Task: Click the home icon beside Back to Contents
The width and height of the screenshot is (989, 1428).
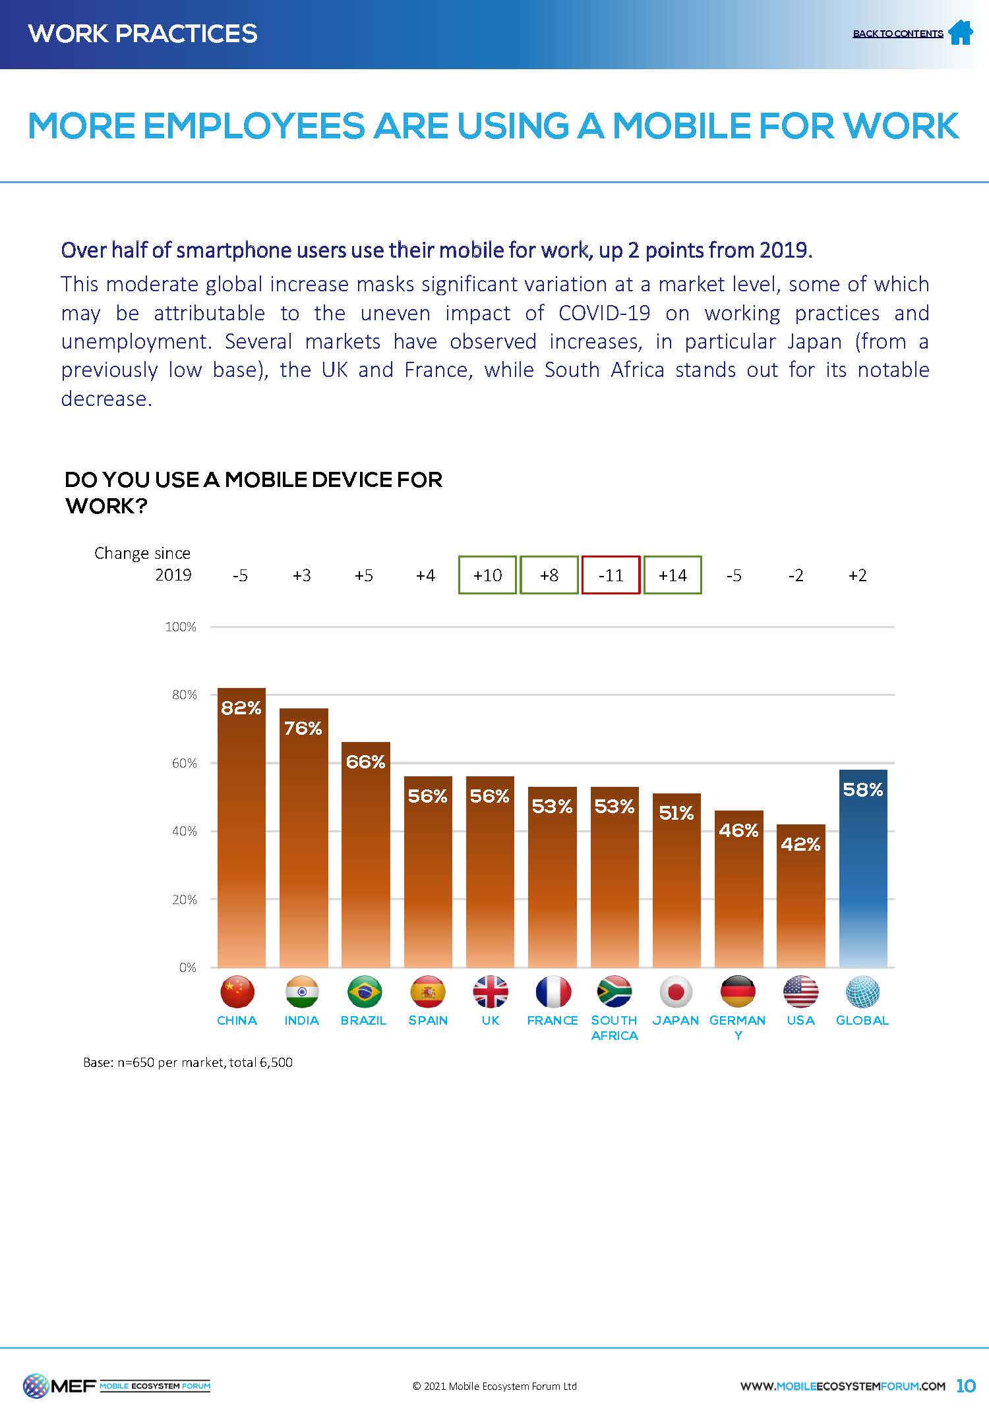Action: [x=960, y=32]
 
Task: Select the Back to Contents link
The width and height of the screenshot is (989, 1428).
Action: [x=897, y=34]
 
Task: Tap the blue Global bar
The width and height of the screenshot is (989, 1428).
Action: [x=862, y=870]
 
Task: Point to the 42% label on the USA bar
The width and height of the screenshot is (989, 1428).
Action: [x=800, y=844]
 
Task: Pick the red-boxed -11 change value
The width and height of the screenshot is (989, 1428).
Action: [x=611, y=575]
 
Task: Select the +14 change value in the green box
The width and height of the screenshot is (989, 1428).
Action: [x=673, y=575]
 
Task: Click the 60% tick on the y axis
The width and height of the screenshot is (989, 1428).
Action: [x=185, y=763]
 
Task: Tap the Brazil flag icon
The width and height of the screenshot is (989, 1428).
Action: [x=365, y=992]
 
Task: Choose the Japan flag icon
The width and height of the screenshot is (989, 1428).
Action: [x=676, y=992]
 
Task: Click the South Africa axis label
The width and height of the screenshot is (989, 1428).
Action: [x=614, y=1027]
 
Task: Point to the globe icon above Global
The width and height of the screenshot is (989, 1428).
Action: [x=862, y=992]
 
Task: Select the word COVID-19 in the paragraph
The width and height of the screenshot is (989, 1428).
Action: [x=604, y=313]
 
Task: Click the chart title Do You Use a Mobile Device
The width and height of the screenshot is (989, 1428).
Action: [x=253, y=492]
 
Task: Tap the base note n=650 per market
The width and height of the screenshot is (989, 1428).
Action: [x=188, y=1062]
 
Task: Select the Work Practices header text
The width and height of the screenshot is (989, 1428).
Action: [x=143, y=34]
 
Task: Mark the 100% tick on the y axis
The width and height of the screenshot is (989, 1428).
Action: [x=181, y=627]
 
